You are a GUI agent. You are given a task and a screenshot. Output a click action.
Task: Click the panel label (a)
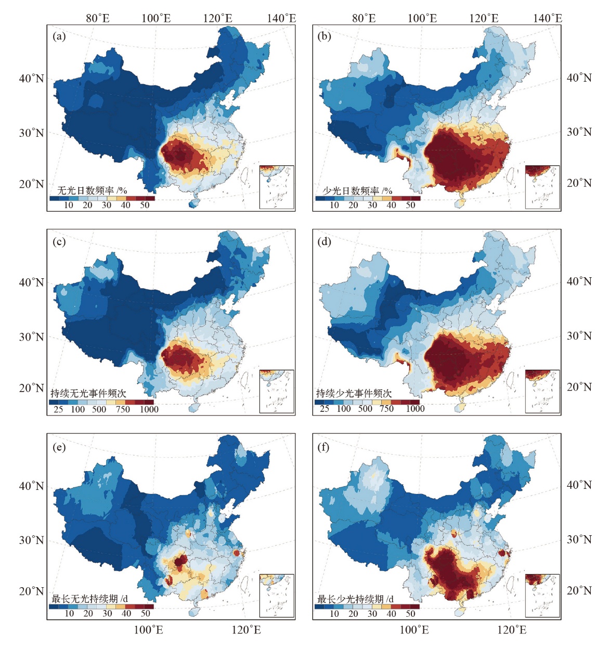[x=59, y=36]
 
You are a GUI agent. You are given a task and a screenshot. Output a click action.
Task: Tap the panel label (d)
[x=324, y=241]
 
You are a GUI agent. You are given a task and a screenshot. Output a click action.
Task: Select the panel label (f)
[x=323, y=447]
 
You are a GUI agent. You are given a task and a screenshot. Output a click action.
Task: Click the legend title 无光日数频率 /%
[x=92, y=190]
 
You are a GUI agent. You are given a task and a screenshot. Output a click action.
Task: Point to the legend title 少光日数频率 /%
[x=357, y=190]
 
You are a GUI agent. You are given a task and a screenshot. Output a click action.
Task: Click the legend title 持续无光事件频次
[x=88, y=393]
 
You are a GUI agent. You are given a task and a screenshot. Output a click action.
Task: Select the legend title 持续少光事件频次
[x=354, y=393]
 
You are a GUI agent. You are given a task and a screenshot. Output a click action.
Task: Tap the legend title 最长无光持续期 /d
[x=90, y=599]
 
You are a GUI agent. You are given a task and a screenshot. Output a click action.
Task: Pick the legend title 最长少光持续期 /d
[x=356, y=599]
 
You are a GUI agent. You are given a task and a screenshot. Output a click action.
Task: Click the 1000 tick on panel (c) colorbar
[x=149, y=409]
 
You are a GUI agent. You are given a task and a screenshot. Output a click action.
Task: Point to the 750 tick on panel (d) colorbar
[x=386, y=409]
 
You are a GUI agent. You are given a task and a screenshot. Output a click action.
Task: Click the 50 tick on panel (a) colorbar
[x=145, y=205]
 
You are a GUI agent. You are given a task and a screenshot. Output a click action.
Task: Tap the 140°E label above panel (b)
[x=548, y=19]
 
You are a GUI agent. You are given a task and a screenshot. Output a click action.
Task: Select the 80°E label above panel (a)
[x=98, y=19]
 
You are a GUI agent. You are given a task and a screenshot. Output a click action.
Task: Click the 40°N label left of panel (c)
[x=32, y=282]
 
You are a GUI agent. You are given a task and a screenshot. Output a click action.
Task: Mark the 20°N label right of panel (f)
[x=579, y=590]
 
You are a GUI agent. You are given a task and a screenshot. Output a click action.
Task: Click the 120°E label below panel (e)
[x=246, y=630]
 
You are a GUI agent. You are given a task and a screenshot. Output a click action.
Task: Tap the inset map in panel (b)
[x=542, y=187]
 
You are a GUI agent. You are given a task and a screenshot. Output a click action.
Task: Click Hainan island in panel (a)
[x=193, y=202]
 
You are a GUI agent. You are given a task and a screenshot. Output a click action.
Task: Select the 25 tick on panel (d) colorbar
[x=325, y=409]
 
